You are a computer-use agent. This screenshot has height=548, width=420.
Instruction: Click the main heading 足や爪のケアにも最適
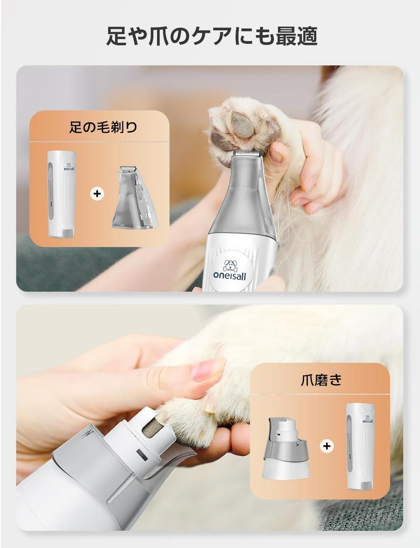coord(212,36)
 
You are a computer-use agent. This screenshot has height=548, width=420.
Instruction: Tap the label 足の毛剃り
coord(103,126)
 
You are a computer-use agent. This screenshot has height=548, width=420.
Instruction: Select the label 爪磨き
coord(321,379)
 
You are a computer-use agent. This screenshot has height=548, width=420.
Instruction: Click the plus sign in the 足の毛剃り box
coord(97,193)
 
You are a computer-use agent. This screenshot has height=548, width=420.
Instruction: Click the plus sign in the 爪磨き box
coord(327,446)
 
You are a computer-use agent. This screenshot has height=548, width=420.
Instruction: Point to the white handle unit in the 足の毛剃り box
coord(61,194)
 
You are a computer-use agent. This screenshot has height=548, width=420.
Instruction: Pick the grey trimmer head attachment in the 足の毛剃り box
coord(134,198)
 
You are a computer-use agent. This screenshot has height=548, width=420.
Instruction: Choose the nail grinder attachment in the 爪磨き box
coord(286,448)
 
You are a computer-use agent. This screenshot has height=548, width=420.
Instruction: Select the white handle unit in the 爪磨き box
coord(360,447)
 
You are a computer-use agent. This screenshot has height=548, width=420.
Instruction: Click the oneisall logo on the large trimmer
coord(230,269)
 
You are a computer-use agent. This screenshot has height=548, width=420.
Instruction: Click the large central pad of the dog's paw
coord(242,125)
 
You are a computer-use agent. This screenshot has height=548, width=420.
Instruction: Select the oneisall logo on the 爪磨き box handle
coord(368,419)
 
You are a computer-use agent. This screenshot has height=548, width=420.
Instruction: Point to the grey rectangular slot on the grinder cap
coord(141,455)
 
